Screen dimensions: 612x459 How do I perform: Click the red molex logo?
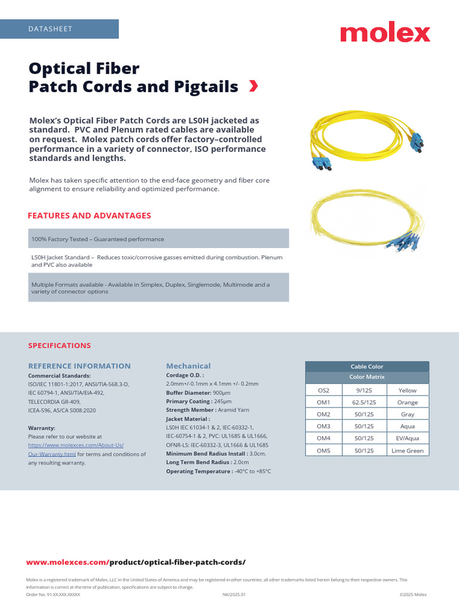(x=385, y=33)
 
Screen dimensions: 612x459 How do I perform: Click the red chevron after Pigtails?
(x=253, y=87)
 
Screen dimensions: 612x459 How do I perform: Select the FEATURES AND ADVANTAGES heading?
(x=90, y=216)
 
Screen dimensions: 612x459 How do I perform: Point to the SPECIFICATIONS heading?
(x=60, y=345)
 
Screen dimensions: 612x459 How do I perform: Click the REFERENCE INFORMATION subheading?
(x=79, y=366)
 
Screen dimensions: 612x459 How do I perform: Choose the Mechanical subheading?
(x=188, y=366)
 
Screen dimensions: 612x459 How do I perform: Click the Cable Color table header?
(x=367, y=366)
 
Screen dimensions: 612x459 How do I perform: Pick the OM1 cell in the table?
(x=323, y=402)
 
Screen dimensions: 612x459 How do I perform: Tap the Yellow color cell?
(x=407, y=390)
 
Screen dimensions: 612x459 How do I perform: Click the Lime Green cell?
(x=407, y=451)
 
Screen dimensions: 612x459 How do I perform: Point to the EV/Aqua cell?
(x=407, y=439)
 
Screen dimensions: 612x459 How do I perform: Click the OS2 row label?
(x=323, y=390)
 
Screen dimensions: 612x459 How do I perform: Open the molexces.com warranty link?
(x=76, y=445)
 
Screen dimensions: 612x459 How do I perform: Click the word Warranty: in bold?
(x=42, y=428)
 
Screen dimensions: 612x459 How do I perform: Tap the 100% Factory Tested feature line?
(x=97, y=239)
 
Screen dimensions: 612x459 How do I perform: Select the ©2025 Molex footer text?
(x=413, y=595)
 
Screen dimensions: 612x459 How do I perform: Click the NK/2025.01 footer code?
(x=234, y=595)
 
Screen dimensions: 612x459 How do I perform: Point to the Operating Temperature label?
(x=199, y=472)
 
